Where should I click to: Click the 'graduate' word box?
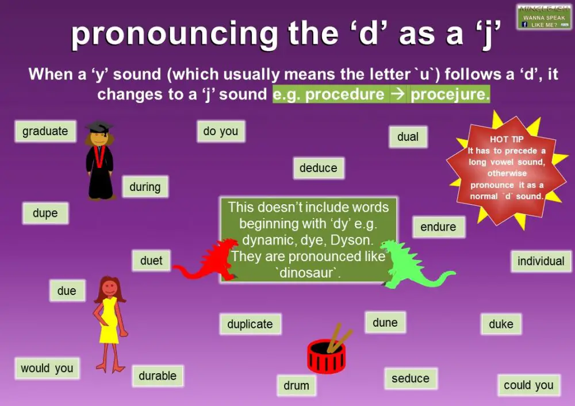pos(45,131)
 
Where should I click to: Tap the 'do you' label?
pos(220,131)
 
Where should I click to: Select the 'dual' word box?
pos(408,137)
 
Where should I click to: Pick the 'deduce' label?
pos(318,168)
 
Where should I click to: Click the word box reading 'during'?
pos(145,187)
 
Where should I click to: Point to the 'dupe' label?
pos(45,213)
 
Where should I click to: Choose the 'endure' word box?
pos(438,227)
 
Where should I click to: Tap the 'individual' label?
pos(540,261)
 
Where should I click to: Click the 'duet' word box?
pos(151,261)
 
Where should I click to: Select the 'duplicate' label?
pos(250,324)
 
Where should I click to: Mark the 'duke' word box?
pos(501,324)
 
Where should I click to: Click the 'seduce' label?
pos(410,378)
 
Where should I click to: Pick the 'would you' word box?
pos(47,368)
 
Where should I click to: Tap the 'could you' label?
pos(528,385)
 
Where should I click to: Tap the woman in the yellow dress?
pos(109,322)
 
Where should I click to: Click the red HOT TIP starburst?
pos(507,170)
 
